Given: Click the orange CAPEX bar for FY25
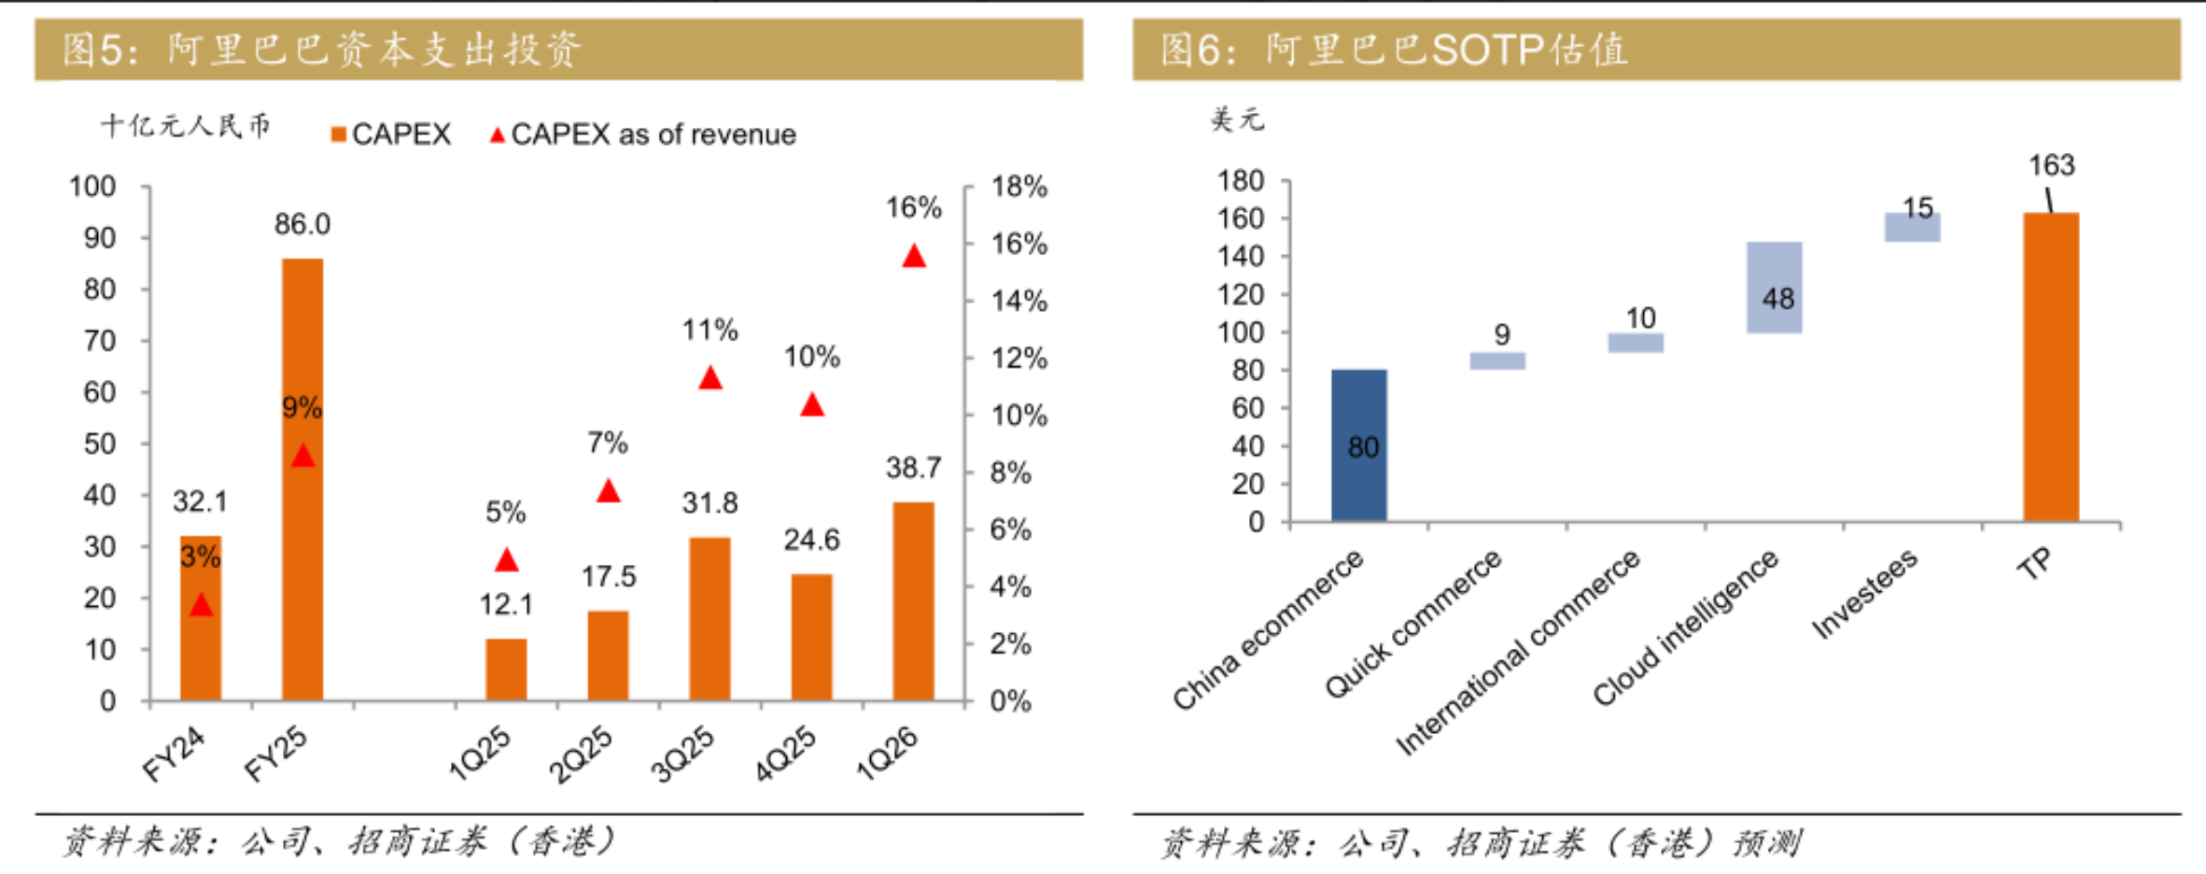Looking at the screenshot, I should click(302, 478).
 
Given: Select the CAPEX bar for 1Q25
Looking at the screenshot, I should click(506, 669).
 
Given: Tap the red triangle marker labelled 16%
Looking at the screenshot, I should click(914, 256).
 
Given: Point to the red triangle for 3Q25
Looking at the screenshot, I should click(710, 378).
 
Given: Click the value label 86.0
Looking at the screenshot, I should click(302, 224).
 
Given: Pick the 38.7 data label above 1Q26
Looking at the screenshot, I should click(913, 468).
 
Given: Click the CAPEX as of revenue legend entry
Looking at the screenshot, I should click(643, 134).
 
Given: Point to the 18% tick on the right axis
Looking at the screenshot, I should click(1019, 187).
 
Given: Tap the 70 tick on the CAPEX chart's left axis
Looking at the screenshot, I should click(99, 341).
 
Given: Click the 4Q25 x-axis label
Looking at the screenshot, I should click(785, 754).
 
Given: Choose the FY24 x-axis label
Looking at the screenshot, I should click(174, 754).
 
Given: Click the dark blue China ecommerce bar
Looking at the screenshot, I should click(1358, 444).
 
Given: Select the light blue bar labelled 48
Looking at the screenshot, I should click(1774, 287).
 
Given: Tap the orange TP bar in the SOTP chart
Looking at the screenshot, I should click(2051, 366).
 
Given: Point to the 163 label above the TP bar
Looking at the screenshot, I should click(2051, 165).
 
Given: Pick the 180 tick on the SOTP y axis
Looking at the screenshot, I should click(1240, 180).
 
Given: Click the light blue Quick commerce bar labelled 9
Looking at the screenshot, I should click(1497, 360).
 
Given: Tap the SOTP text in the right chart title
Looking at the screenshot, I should click(1486, 49).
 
